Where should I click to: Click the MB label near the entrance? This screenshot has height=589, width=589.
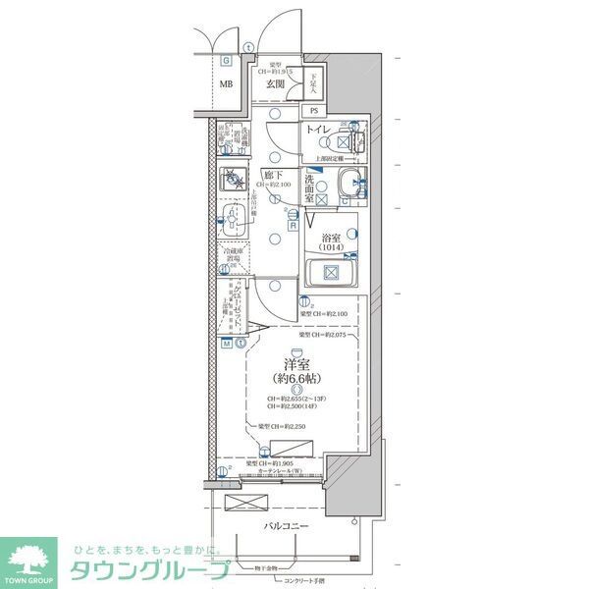(x=225, y=84)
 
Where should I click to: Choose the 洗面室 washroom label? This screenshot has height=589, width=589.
(x=309, y=186)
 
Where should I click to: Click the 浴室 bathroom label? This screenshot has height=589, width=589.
(x=331, y=238)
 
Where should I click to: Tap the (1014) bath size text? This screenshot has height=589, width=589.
(x=331, y=249)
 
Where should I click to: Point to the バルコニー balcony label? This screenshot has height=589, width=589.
(x=287, y=526)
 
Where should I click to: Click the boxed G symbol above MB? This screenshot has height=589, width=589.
(x=226, y=58)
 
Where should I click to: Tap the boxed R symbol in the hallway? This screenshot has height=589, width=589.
(x=293, y=225)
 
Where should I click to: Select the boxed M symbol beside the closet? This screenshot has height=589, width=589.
(x=226, y=344)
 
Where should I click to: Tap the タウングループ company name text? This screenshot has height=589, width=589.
(x=147, y=569)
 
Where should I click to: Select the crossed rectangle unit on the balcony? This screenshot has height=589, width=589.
(x=244, y=503)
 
